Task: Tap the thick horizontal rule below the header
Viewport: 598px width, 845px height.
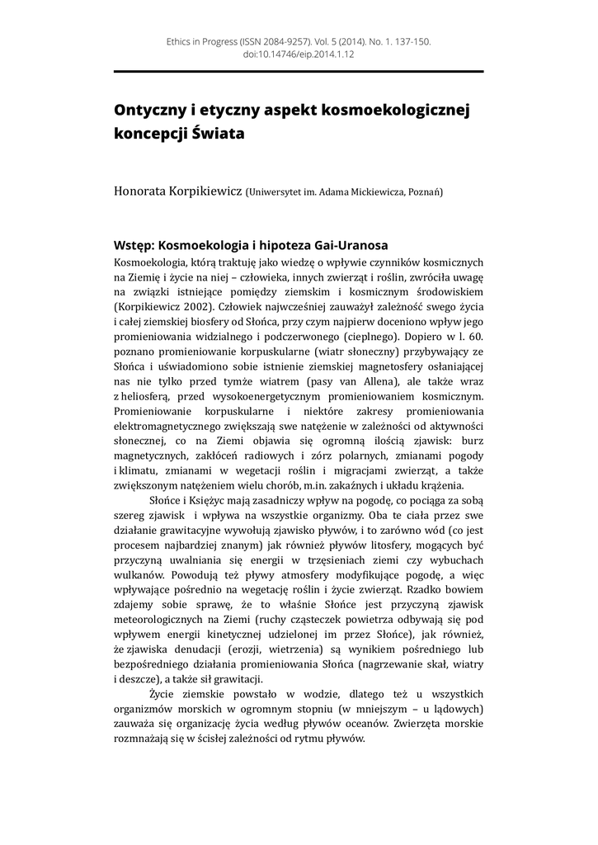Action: (298, 71)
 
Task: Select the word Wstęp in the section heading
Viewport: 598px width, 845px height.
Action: (132, 245)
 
